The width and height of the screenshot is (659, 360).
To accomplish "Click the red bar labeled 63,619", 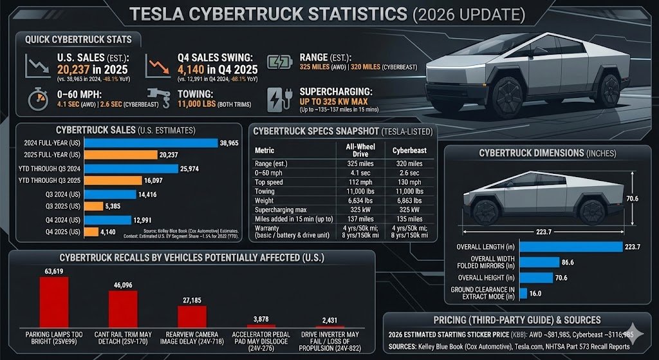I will pyautogui.click(x=54, y=303).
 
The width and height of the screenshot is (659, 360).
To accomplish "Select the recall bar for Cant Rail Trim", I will pyautogui.click(x=123, y=310).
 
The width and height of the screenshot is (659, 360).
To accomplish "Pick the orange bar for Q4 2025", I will pyautogui.click(x=90, y=232).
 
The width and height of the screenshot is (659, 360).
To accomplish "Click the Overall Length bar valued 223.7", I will pyautogui.click(x=570, y=246).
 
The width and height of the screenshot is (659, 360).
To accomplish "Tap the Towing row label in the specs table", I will pyautogui.click(x=265, y=191).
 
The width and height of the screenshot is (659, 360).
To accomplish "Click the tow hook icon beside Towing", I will pyautogui.click(x=158, y=97).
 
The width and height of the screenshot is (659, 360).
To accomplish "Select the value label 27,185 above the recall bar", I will pyautogui.click(x=192, y=299).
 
